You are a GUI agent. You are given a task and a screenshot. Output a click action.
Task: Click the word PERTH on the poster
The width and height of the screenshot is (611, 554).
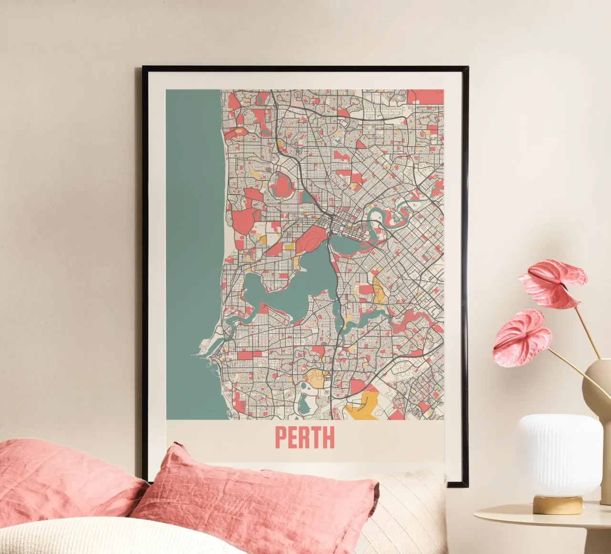coord(305,437)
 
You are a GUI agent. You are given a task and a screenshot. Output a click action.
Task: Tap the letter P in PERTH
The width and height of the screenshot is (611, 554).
coord(281,437)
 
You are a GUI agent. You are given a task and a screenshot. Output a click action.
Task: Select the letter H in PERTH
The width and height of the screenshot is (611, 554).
coord(328,437)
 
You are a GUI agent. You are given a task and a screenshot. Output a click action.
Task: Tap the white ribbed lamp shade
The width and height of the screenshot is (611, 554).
coord(559,454)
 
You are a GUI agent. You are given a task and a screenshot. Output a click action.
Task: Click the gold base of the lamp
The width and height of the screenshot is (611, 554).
coord(558,504)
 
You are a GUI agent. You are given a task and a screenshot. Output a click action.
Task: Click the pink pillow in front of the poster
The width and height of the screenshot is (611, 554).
coord(258,501)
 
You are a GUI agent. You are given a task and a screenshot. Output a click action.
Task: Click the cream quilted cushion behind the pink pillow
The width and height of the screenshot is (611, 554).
coord(406,506)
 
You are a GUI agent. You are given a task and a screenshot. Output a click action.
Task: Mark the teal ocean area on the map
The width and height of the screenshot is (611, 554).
coord(193,239)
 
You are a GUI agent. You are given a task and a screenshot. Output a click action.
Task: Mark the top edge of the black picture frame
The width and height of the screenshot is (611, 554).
coord(305,68)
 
